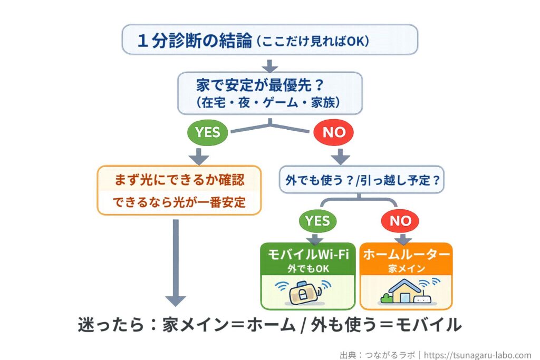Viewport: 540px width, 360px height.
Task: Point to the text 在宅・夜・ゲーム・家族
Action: pyautogui.click(x=270, y=102)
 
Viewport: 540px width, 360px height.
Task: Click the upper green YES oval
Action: pyautogui.click(x=207, y=132)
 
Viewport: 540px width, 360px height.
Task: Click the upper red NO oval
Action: pyautogui.click(x=333, y=132)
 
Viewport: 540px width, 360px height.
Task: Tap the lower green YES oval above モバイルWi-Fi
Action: pyautogui.click(x=317, y=220)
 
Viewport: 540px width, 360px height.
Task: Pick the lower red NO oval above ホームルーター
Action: pyautogui.click(x=400, y=220)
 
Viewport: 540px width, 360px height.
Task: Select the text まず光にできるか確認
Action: pyautogui.click(x=179, y=181)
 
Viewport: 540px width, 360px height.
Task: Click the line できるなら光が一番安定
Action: pyautogui.click(x=179, y=202)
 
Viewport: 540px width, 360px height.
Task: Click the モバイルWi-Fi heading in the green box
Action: pyautogui.click(x=308, y=255)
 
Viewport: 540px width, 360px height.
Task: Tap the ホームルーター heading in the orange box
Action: pyautogui.click(x=406, y=255)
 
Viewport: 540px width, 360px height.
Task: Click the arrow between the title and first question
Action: pyautogui.click(x=270, y=66)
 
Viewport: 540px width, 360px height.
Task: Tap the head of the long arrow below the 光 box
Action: pyautogui.click(x=176, y=300)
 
